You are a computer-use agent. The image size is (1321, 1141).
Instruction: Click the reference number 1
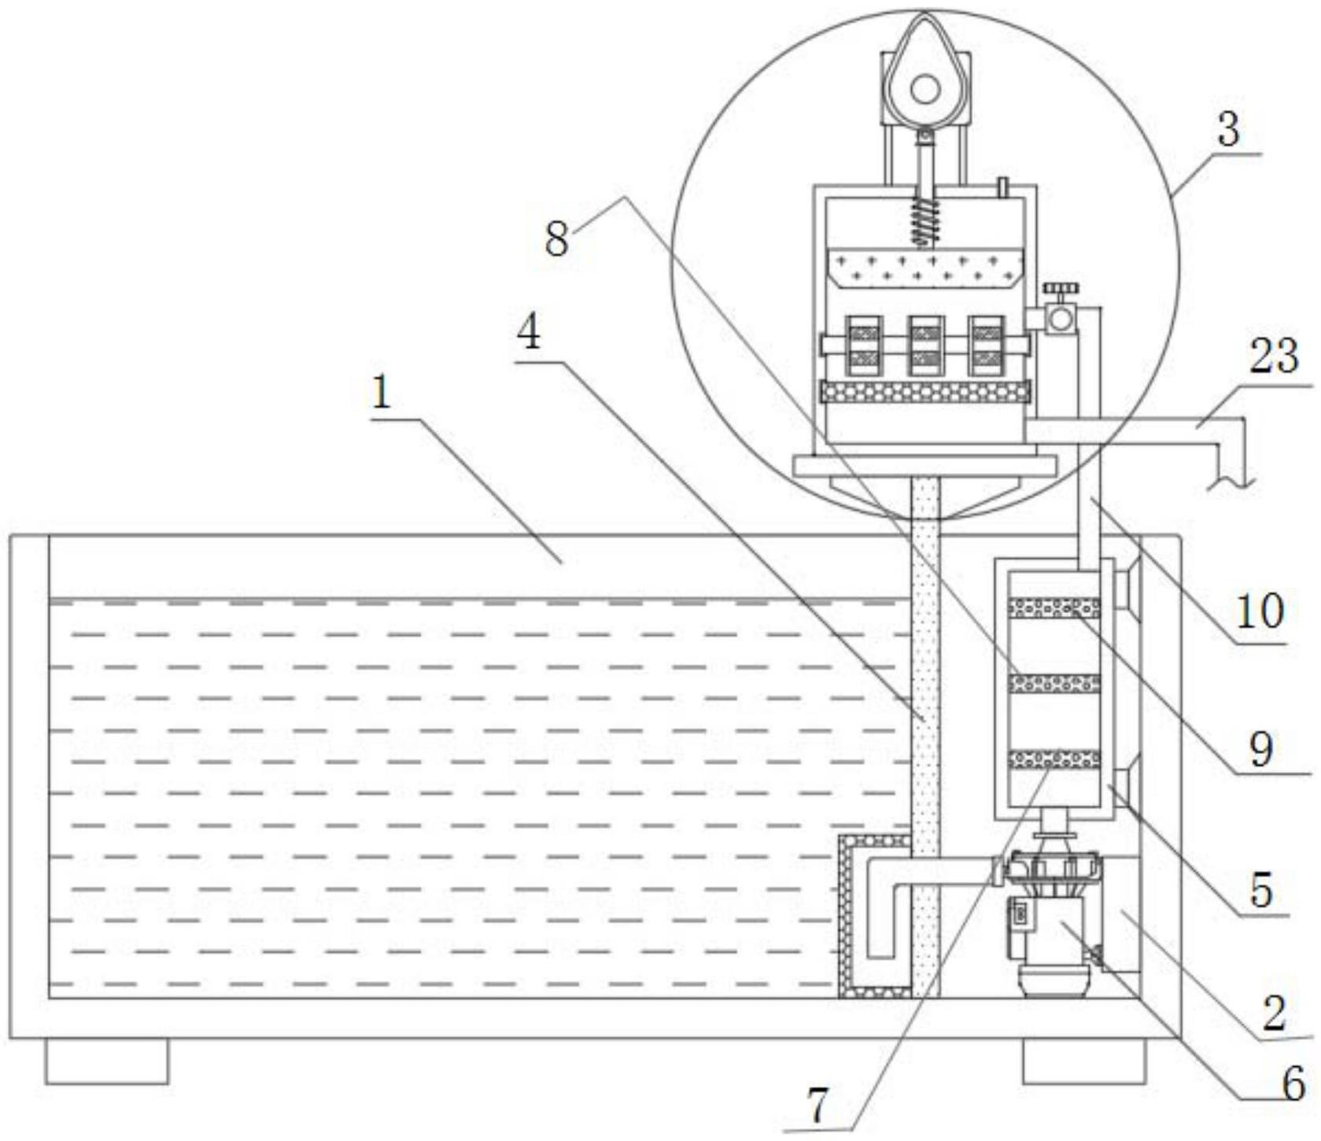[382, 392]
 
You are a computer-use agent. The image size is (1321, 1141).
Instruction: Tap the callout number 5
[1262, 889]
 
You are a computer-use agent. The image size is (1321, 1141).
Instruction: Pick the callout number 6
[1293, 1084]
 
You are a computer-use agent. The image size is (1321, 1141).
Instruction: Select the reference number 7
[818, 1106]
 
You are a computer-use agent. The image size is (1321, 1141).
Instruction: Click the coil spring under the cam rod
[925, 220]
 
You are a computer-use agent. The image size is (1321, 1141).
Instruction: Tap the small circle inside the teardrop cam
[924, 88]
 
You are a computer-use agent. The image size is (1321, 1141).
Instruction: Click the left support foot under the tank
[107, 1061]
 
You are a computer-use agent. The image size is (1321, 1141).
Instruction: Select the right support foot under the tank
[1084, 1061]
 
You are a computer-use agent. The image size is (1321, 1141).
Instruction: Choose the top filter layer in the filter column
[1055, 607]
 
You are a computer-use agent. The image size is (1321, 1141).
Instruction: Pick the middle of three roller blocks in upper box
[925, 345]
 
